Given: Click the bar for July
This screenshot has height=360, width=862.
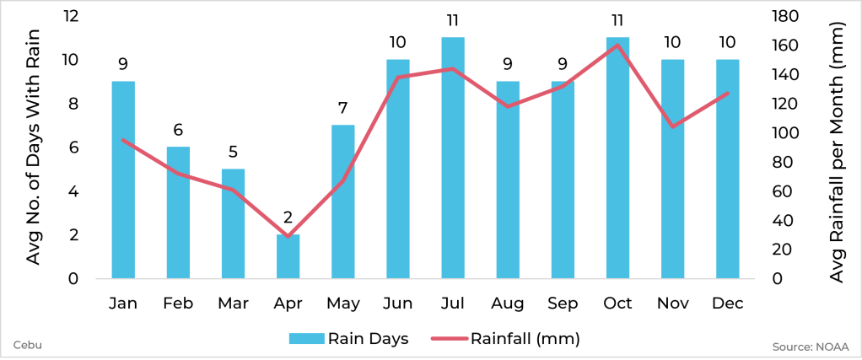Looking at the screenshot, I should tap(453, 158).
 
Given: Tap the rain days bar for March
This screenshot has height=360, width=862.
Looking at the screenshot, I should tap(233, 223).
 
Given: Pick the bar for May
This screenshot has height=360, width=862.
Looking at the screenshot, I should tap(342, 201).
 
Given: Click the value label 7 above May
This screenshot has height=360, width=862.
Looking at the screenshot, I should tap(342, 108).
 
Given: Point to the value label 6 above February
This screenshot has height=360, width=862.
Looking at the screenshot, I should tap(178, 130).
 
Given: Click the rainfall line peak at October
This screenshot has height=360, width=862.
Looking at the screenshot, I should tap(617, 45).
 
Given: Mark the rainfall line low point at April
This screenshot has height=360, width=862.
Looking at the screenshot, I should tap(288, 236).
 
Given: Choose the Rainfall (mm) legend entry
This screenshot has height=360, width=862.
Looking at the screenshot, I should tap(506, 338).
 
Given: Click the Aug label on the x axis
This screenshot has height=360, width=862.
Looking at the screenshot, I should tap(508, 304).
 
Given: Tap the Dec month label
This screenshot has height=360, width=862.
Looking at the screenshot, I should tap(727, 304).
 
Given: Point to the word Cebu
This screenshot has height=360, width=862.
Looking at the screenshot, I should tap(28, 344).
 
